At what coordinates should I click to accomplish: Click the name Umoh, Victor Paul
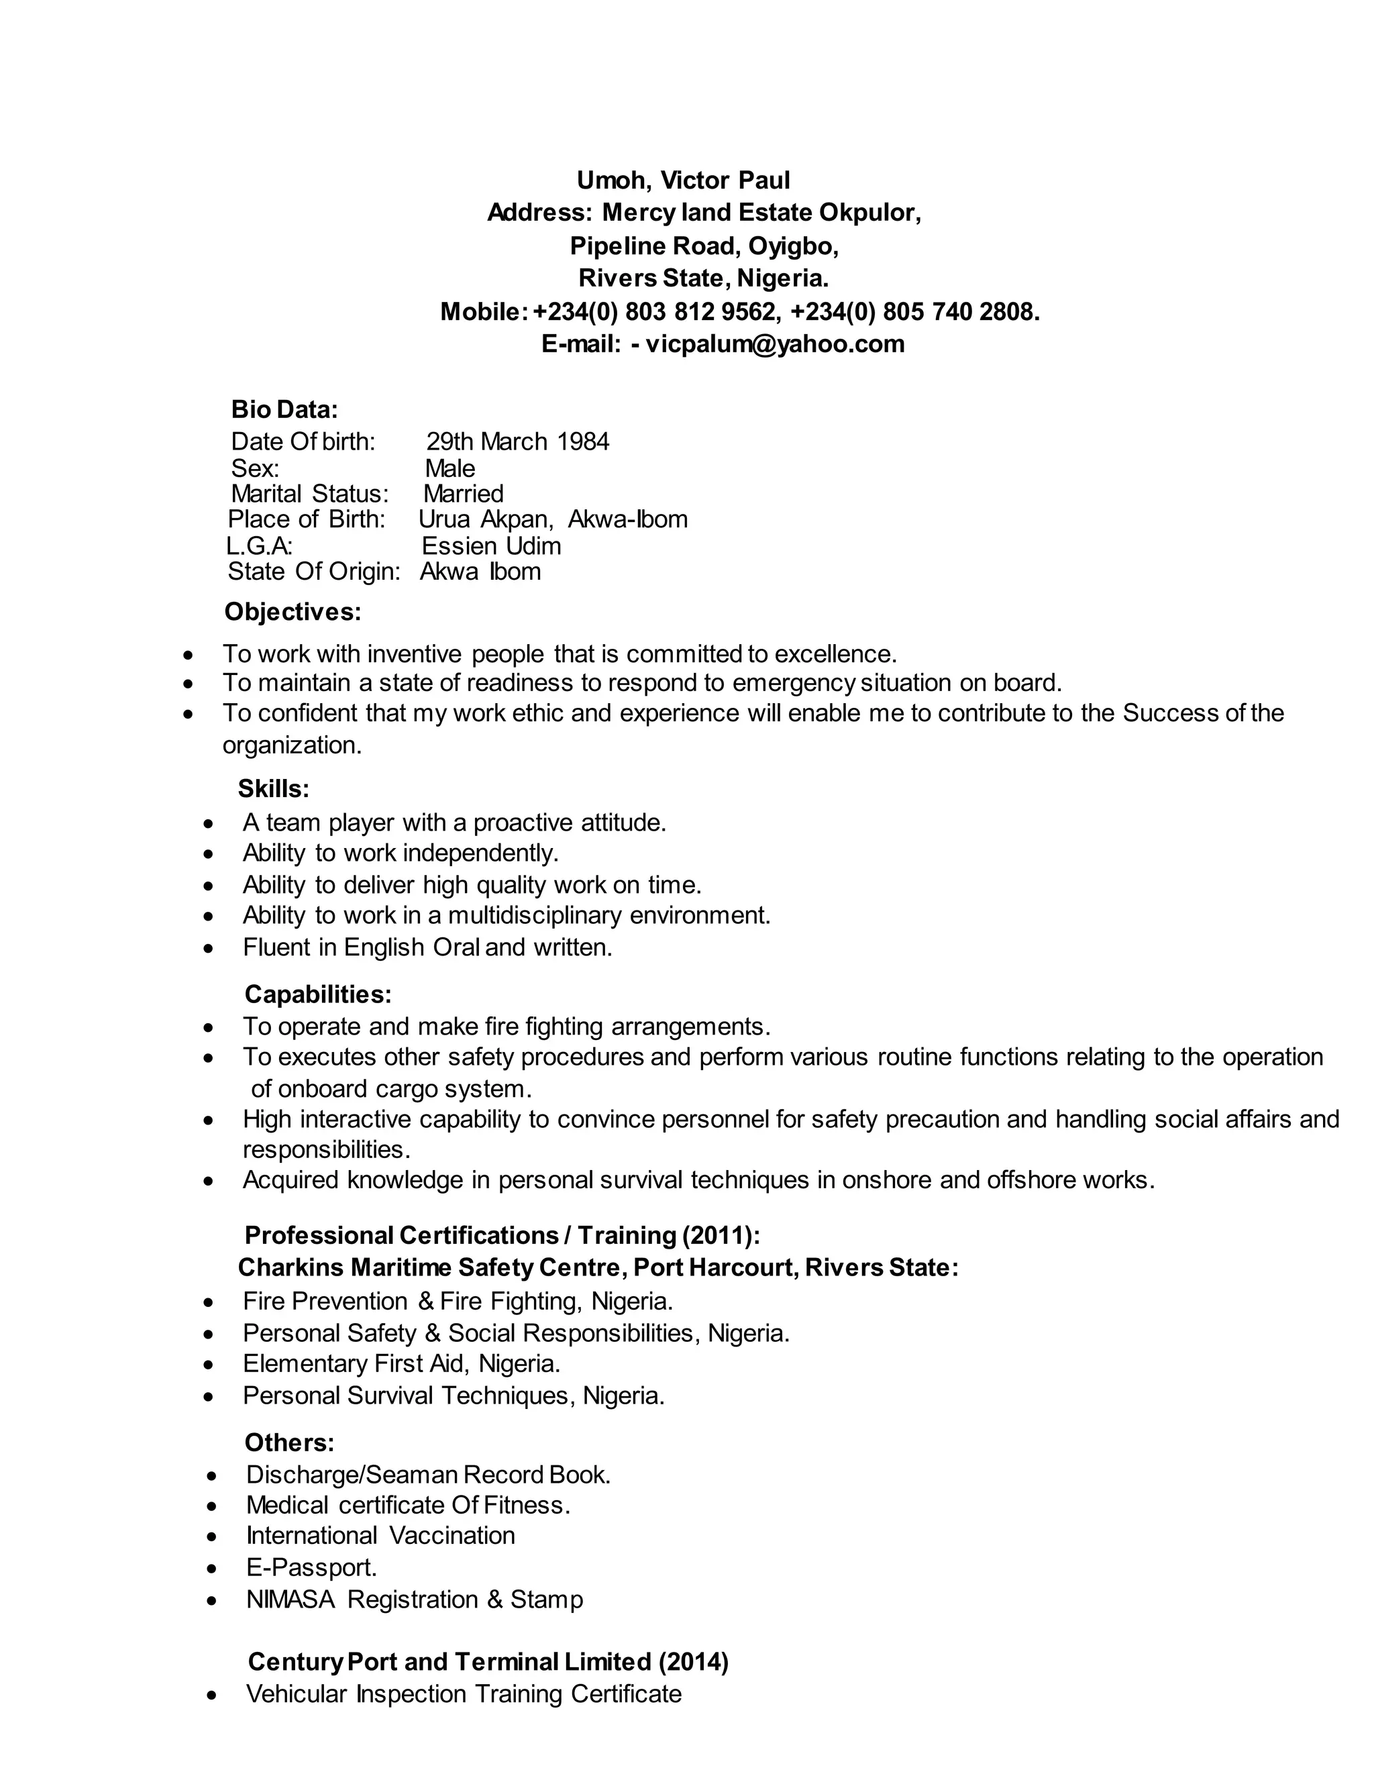(x=683, y=180)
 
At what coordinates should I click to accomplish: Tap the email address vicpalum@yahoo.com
(x=774, y=344)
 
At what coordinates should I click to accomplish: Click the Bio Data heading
(x=284, y=409)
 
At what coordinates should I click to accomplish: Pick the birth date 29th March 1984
(x=518, y=441)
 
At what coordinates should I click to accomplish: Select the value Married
(x=463, y=493)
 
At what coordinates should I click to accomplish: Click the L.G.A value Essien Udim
(x=491, y=545)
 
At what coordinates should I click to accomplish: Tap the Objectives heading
(x=293, y=611)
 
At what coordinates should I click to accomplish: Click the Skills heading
(x=274, y=788)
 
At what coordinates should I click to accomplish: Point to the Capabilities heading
(x=318, y=994)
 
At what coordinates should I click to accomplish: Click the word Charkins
(x=290, y=1267)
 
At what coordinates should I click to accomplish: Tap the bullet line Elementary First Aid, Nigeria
(x=401, y=1363)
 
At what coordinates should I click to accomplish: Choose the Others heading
(x=289, y=1443)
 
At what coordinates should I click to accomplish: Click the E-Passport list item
(x=311, y=1567)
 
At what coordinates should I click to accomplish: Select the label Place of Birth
(x=306, y=519)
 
